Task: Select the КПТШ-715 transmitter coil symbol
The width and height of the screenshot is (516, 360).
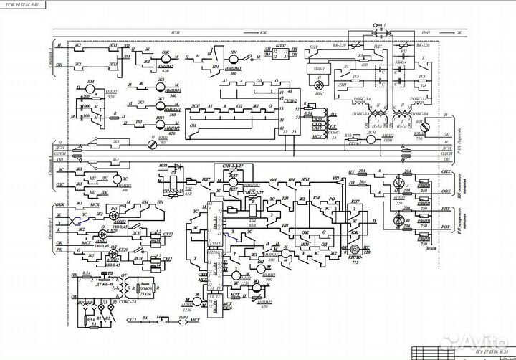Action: (354, 248)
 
